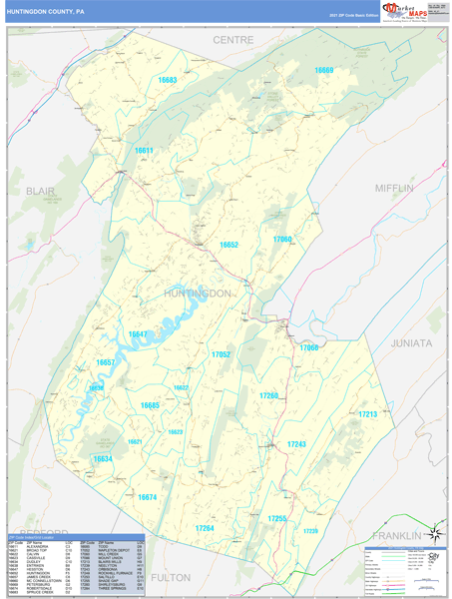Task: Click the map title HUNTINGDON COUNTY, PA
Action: click(46, 12)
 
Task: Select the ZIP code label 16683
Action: click(167, 80)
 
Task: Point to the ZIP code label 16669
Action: click(324, 71)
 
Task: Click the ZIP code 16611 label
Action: click(145, 151)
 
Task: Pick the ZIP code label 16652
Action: click(229, 245)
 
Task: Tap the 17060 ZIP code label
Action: click(282, 240)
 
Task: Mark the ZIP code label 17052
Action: click(221, 354)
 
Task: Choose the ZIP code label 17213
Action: click(368, 413)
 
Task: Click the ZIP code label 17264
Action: click(205, 527)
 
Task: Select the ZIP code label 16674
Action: click(147, 496)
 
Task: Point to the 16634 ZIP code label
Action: click(102, 459)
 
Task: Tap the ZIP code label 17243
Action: click(296, 443)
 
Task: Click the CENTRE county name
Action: click(233, 40)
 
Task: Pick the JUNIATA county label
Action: click(411, 342)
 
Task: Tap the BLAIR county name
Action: click(41, 190)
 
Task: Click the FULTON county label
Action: click(171, 577)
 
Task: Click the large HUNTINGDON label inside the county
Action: click(198, 294)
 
